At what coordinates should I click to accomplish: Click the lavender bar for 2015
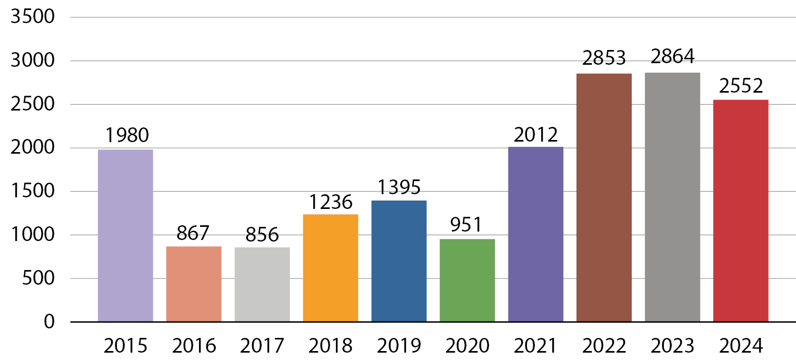pyautogui.click(x=125, y=235)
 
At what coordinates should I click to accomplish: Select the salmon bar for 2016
pyautogui.click(x=194, y=284)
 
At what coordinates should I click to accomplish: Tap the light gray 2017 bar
pyautogui.click(x=262, y=284)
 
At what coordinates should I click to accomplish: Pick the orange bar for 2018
pyautogui.click(x=331, y=267)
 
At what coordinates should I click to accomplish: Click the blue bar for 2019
pyautogui.click(x=399, y=261)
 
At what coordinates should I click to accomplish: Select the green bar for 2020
pyautogui.click(x=467, y=280)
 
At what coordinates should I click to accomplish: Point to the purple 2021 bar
pyautogui.click(x=536, y=234)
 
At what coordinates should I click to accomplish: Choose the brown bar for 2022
pyautogui.click(x=604, y=197)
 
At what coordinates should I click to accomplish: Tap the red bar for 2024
pyautogui.click(x=741, y=211)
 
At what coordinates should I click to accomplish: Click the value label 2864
pyautogui.click(x=673, y=57)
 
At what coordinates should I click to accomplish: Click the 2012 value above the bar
pyautogui.click(x=536, y=135)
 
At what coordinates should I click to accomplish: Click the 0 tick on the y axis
pyautogui.click(x=49, y=322)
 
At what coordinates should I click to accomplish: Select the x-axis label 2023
pyautogui.click(x=673, y=346)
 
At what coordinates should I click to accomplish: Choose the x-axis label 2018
pyautogui.click(x=331, y=346)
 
